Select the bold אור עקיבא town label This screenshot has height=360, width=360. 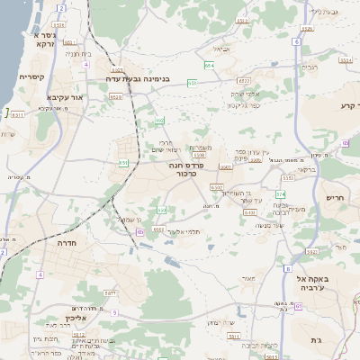point(64,95)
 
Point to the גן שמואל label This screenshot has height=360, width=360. point(132,219)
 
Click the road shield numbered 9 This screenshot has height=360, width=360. point(114,311)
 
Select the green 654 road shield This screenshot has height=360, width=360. point(208,66)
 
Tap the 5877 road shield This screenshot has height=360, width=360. point(110,293)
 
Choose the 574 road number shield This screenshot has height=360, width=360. point(280,193)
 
